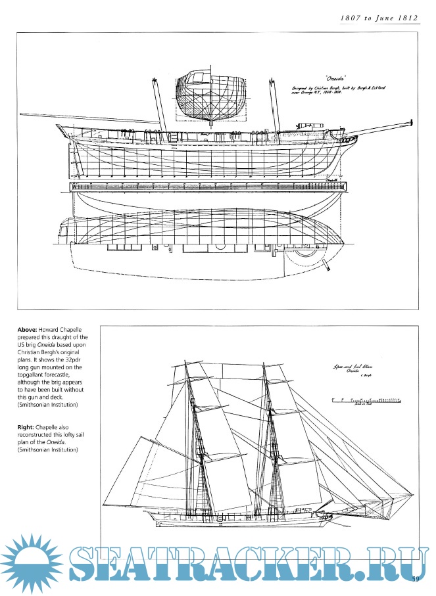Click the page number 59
(416, 578)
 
